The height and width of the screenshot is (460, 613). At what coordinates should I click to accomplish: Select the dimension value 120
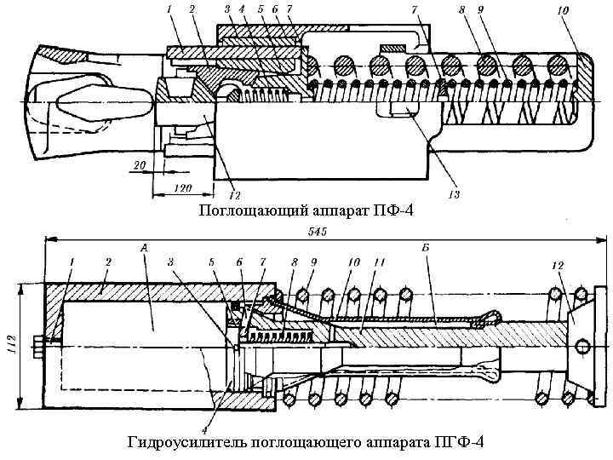click(180, 186)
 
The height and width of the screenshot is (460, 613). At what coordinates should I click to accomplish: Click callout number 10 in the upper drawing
click(564, 11)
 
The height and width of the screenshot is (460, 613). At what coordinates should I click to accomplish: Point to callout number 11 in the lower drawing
click(381, 262)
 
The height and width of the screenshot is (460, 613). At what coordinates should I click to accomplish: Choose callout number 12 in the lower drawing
click(559, 267)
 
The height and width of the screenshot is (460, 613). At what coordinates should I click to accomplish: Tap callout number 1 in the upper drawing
click(170, 9)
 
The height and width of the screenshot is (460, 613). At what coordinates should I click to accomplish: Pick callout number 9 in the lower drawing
click(313, 262)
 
